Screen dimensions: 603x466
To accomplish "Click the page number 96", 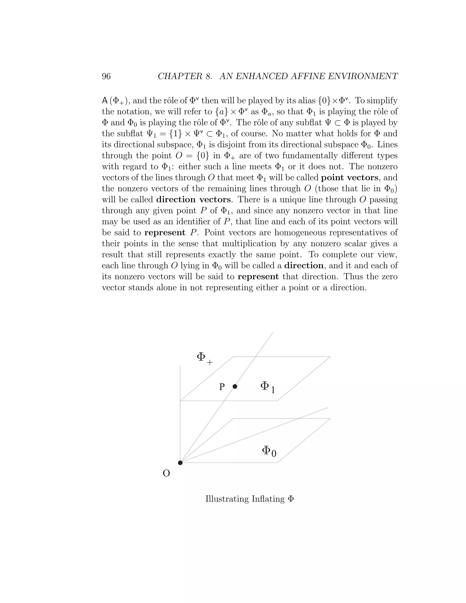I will pos(106,76).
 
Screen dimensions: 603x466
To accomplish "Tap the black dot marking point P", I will pos(235,387).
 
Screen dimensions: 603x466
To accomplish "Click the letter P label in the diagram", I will pos(222,387).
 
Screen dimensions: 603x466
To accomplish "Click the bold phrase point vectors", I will pos(349,177).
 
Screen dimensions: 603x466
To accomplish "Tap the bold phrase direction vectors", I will pos(193,200).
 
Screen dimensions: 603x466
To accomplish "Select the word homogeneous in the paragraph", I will pos(300,233).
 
